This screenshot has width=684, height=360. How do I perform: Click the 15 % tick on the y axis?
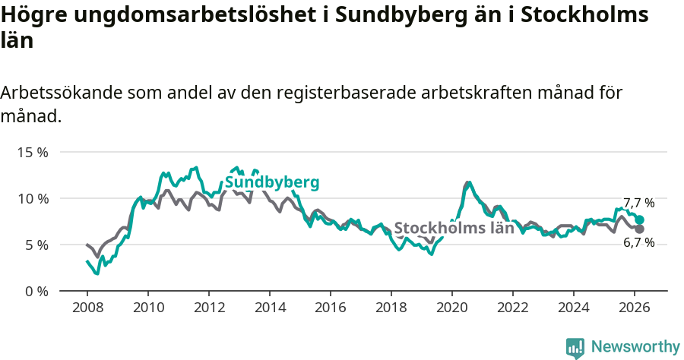32,152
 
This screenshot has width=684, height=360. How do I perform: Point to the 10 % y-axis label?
32,198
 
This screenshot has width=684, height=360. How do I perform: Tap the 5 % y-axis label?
36,245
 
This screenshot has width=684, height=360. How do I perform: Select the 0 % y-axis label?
36,291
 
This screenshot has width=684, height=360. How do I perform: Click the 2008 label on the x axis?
87,308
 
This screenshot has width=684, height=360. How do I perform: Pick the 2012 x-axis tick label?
209,308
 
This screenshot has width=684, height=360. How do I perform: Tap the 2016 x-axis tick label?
331,308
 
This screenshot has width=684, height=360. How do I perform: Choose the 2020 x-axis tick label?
452,308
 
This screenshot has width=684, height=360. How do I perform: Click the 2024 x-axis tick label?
574,308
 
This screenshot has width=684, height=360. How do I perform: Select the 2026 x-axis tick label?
635,308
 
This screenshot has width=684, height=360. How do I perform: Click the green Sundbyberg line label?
271,183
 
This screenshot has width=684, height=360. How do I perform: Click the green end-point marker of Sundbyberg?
640,219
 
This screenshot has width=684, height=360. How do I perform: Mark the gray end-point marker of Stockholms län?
640,229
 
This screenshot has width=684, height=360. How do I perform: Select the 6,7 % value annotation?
638,243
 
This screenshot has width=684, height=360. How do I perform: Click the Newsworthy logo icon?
575,348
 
